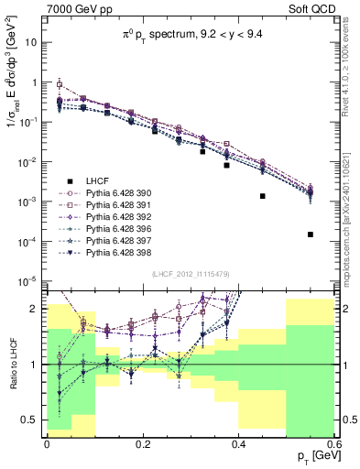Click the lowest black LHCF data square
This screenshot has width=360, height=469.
coord(311,234)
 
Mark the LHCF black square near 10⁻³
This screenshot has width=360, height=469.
coord(263,195)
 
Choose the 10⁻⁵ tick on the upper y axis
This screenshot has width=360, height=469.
coord(31,281)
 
